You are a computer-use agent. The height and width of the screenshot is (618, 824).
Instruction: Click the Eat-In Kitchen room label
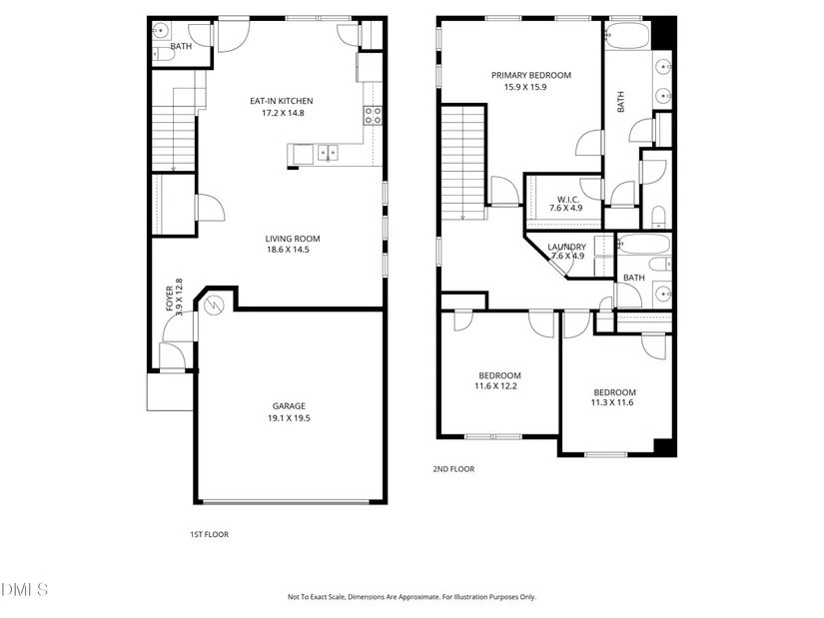(x=281, y=101)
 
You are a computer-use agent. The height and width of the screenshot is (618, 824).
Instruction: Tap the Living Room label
(x=293, y=239)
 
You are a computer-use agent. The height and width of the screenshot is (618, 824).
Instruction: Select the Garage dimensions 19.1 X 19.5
(x=289, y=418)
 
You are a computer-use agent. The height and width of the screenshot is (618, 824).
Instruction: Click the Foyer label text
(x=169, y=299)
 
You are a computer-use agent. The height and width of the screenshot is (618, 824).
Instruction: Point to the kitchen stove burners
(x=373, y=116)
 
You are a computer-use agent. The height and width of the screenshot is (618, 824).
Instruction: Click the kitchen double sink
(x=328, y=153)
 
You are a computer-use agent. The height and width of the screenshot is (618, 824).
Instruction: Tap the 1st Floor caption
(x=209, y=534)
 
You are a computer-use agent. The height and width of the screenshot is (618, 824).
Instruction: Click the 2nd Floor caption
(x=453, y=469)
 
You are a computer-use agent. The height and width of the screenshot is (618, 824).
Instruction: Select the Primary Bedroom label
(x=530, y=75)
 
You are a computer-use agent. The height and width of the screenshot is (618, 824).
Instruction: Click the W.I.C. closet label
(x=568, y=199)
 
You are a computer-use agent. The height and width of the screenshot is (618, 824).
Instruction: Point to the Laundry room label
(x=566, y=247)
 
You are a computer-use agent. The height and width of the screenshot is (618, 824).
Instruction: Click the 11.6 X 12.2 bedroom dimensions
(x=495, y=386)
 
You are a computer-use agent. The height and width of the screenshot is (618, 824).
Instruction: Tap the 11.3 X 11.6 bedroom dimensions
(x=612, y=402)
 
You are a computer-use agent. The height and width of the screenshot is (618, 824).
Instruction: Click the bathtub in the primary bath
(x=628, y=36)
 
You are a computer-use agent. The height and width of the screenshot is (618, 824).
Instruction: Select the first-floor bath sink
(x=160, y=31)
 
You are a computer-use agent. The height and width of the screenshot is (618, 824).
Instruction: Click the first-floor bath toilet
(x=164, y=54)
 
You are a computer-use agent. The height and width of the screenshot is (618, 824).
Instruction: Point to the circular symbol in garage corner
(x=214, y=306)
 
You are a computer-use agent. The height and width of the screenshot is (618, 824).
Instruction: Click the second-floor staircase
(x=462, y=162)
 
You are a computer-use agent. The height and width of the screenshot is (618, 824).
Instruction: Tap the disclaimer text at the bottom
(x=412, y=597)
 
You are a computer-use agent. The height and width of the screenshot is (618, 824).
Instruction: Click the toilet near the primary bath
(x=658, y=217)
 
